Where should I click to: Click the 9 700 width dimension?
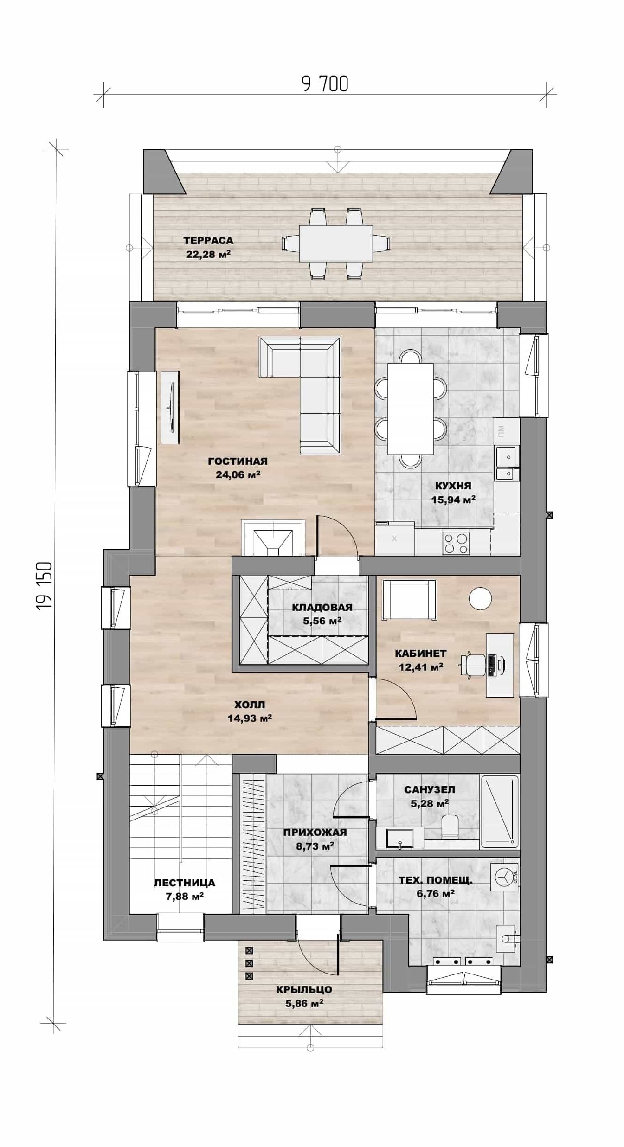pyautogui.click(x=325, y=84)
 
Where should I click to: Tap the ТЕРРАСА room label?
pyautogui.click(x=208, y=240)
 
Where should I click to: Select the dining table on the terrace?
pyautogui.click(x=336, y=243)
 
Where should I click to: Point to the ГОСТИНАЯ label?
pyautogui.click(x=238, y=461)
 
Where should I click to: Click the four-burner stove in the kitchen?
pyautogui.click(x=456, y=543)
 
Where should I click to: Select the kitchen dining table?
pyautogui.click(x=410, y=409)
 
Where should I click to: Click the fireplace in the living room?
pyautogui.click(x=273, y=538)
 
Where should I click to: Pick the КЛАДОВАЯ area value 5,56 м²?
pyautogui.click(x=322, y=621)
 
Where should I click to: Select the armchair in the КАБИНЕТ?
pyautogui.click(x=409, y=599)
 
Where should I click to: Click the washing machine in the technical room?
pyautogui.click(x=505, y=877)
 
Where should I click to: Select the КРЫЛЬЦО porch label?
pyautogui.click(x=304, y=989)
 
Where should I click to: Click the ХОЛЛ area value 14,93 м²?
pyautogui.click(x=249, y=718)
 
